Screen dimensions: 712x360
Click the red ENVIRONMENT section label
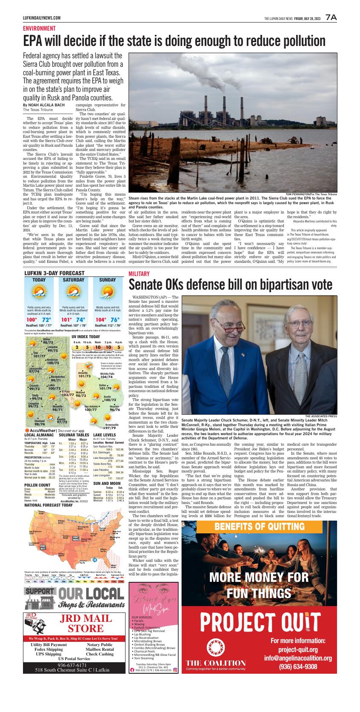pos(39,28)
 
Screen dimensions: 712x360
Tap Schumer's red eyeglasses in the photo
pos(233,328)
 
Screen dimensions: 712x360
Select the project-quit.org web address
pos(298,649)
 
